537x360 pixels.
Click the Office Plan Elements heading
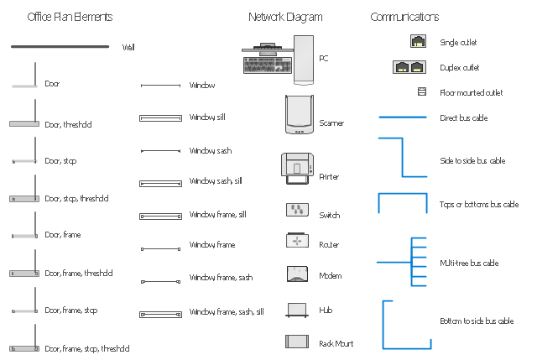pos(70,17)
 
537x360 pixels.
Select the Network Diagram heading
pos(285,17)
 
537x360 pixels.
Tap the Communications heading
pos(404,17)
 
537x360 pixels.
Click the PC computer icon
pos(278,59)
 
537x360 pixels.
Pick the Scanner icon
pos(299,114)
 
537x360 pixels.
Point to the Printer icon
pos(297,169)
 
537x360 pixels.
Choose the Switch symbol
pos(298,209)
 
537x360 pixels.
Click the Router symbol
pos(298,240)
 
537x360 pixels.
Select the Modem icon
pos(298,274)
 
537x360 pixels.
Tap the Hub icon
pos(298,310)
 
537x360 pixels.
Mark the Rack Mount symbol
pos(298,342)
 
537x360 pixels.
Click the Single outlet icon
pos(418,41)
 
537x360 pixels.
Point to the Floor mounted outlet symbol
pos(422,92)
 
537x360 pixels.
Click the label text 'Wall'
pos(128,48)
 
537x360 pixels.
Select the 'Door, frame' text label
pos(63,235)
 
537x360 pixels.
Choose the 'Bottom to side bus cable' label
pos(477,321)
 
